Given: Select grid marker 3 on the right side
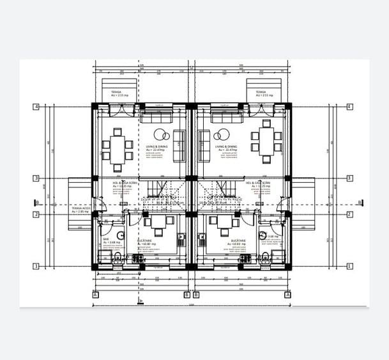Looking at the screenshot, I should tap(349, 178).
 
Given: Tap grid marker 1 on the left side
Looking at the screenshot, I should tap(36, 267).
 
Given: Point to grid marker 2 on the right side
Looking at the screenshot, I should tap(349, 215).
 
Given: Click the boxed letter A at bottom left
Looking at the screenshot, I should tap(95, 295).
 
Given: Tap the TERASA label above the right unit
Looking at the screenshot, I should tap(261, 92).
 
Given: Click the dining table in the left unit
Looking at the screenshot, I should tap(118, 146).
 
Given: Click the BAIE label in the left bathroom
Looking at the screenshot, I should tap(106, 239).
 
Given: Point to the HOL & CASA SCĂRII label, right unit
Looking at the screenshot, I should tap(257, 182).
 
